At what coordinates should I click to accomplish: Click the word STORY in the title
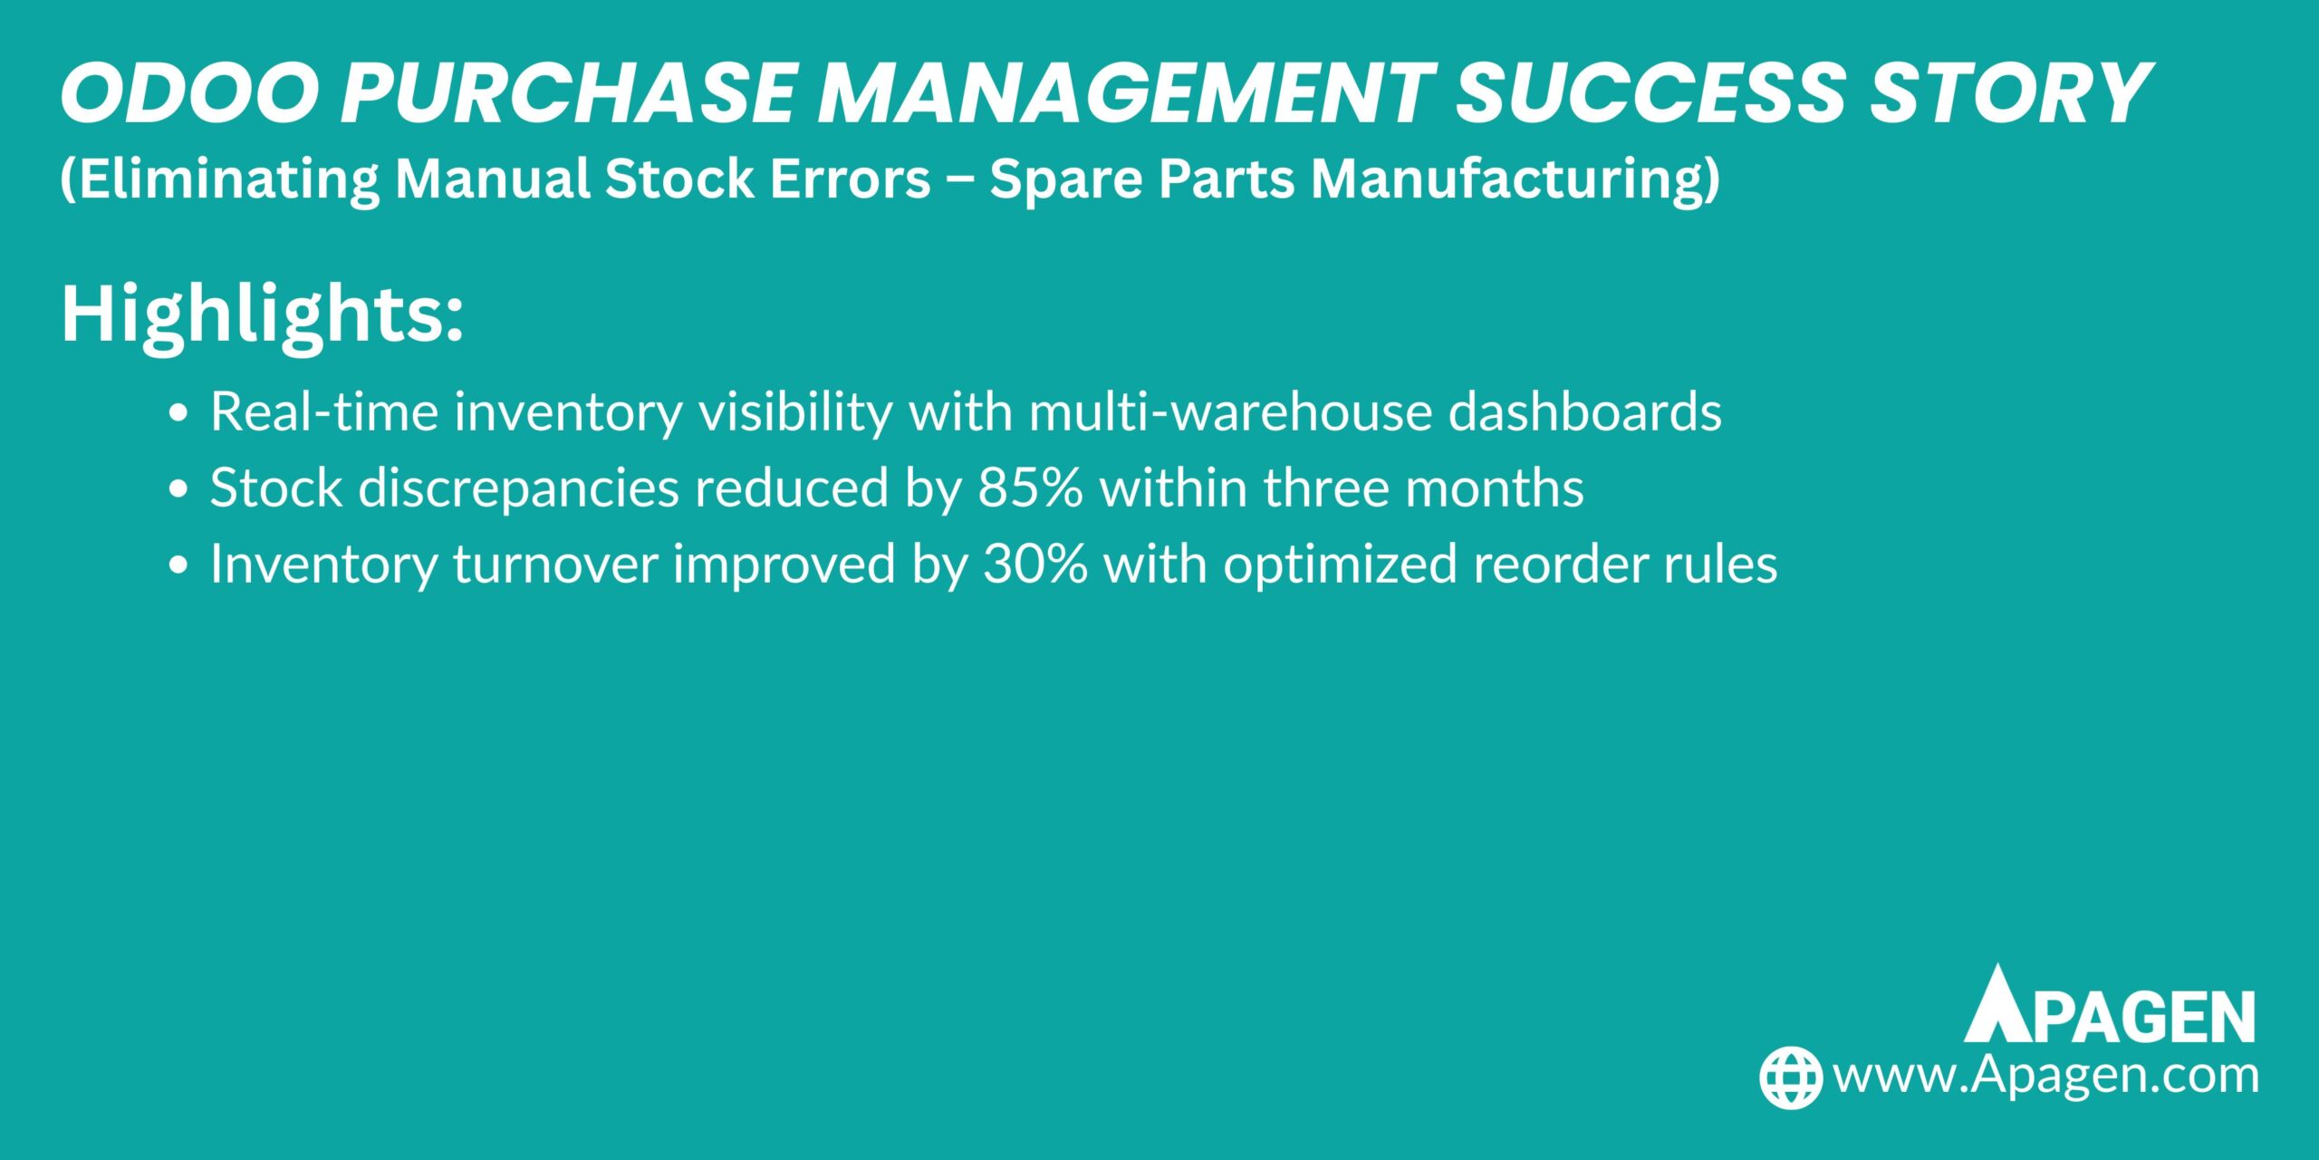[2009, 93]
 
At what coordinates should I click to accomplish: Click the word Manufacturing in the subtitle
[1516, 179]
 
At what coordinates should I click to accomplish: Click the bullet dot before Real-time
[178, 413]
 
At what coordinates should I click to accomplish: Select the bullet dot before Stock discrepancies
[178, 489]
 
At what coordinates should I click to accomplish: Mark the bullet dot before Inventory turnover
[178, 565]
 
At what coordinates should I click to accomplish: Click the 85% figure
[1030, 488]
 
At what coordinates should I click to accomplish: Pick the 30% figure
[1034, 565]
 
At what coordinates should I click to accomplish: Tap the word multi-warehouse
[1230, 412]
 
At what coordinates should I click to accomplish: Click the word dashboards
[1584, 412]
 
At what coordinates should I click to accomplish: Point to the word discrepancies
[518, 490]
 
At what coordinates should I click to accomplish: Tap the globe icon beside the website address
[1790, 1078]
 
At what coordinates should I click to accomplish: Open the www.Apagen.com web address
[2045, 1077]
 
